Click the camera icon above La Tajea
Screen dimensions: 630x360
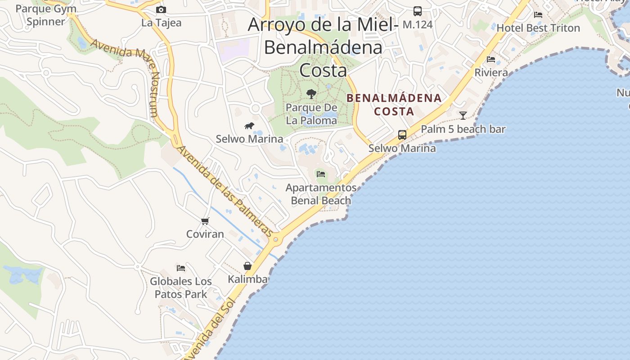(x=161, y=9)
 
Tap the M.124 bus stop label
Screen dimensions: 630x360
(x=417, y=24)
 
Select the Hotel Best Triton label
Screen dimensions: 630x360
(x=538, y=28)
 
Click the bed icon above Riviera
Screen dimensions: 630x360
(x=491, y=59)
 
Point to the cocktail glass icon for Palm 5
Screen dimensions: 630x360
(x=463, y=115)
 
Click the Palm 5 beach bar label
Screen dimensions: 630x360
(x=463, y=129)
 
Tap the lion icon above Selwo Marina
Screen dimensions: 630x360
(x=249, y=126)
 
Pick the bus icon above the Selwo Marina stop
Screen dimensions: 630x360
(x=402, y=135)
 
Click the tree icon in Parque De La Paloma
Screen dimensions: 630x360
(x=311, y=94)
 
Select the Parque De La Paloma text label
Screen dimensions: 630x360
(x=311, y=114)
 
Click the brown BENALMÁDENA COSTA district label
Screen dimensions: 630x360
(x=394, y=104)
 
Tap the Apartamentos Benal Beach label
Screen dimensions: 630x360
(x=321, y=194)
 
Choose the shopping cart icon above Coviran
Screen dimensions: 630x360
(x=205, y=221)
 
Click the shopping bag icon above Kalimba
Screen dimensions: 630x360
(x=247, y=266)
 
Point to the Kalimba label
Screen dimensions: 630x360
(x=247, y=279)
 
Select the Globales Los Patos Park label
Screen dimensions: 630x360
(x=181, y=288)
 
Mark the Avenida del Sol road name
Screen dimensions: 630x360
(x=209, y=331)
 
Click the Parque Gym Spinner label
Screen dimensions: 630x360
(x=46, y=15)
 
